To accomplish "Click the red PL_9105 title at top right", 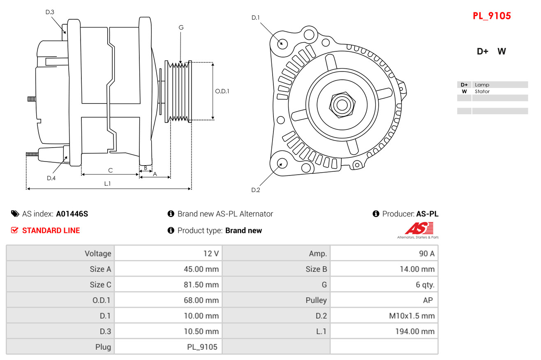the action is point(492,16).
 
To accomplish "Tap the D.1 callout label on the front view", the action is point(255,18).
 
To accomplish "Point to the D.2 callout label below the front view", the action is point(256,190).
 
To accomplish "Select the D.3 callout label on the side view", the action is point(50,12).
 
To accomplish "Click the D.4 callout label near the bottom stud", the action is point(51,178).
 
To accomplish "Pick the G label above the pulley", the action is point(181,28).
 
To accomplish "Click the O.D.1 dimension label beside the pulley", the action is point(222,91).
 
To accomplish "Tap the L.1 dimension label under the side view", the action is point(107,184).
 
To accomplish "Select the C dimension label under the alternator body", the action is point(110,171).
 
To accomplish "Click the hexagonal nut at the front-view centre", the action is point(342,105).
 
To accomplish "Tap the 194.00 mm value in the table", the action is point(415,332).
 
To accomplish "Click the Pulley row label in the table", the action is point(316,300).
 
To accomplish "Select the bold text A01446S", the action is point(72,214).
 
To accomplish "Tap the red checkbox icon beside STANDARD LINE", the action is point(14,230).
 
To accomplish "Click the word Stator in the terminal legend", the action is point(482,92).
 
